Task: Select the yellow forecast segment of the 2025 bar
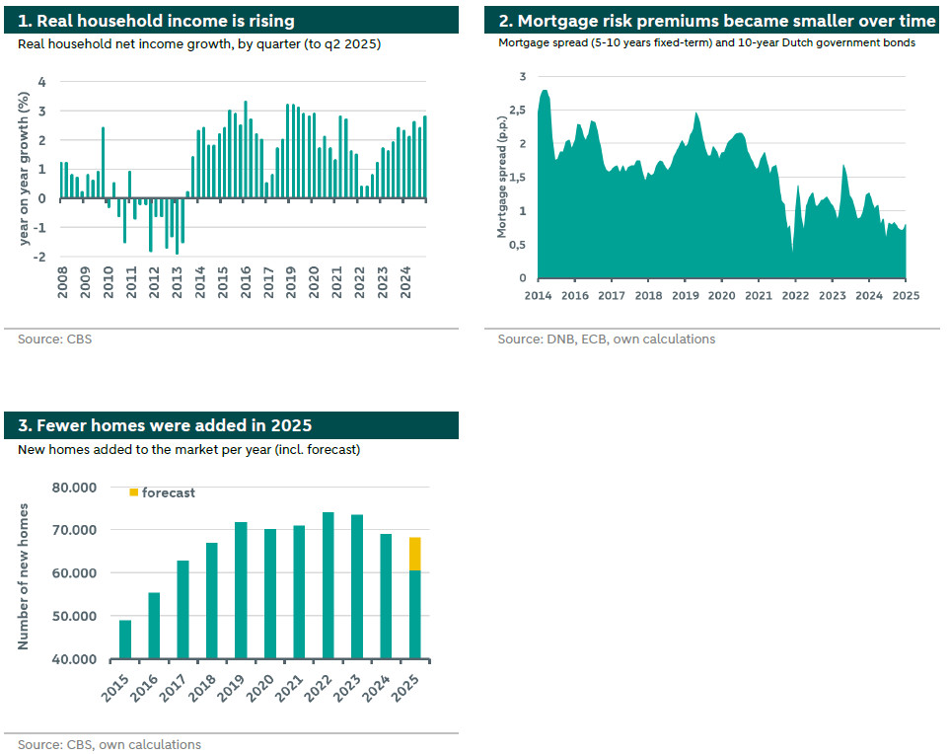(415, 554)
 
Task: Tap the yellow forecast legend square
(134, 492)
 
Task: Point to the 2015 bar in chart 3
(125, 639)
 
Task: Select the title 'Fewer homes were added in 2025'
(166, 425)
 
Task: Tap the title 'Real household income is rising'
(157, 21)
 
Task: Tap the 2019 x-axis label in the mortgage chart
(685, 295)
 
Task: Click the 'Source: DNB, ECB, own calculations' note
(606, 339)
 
